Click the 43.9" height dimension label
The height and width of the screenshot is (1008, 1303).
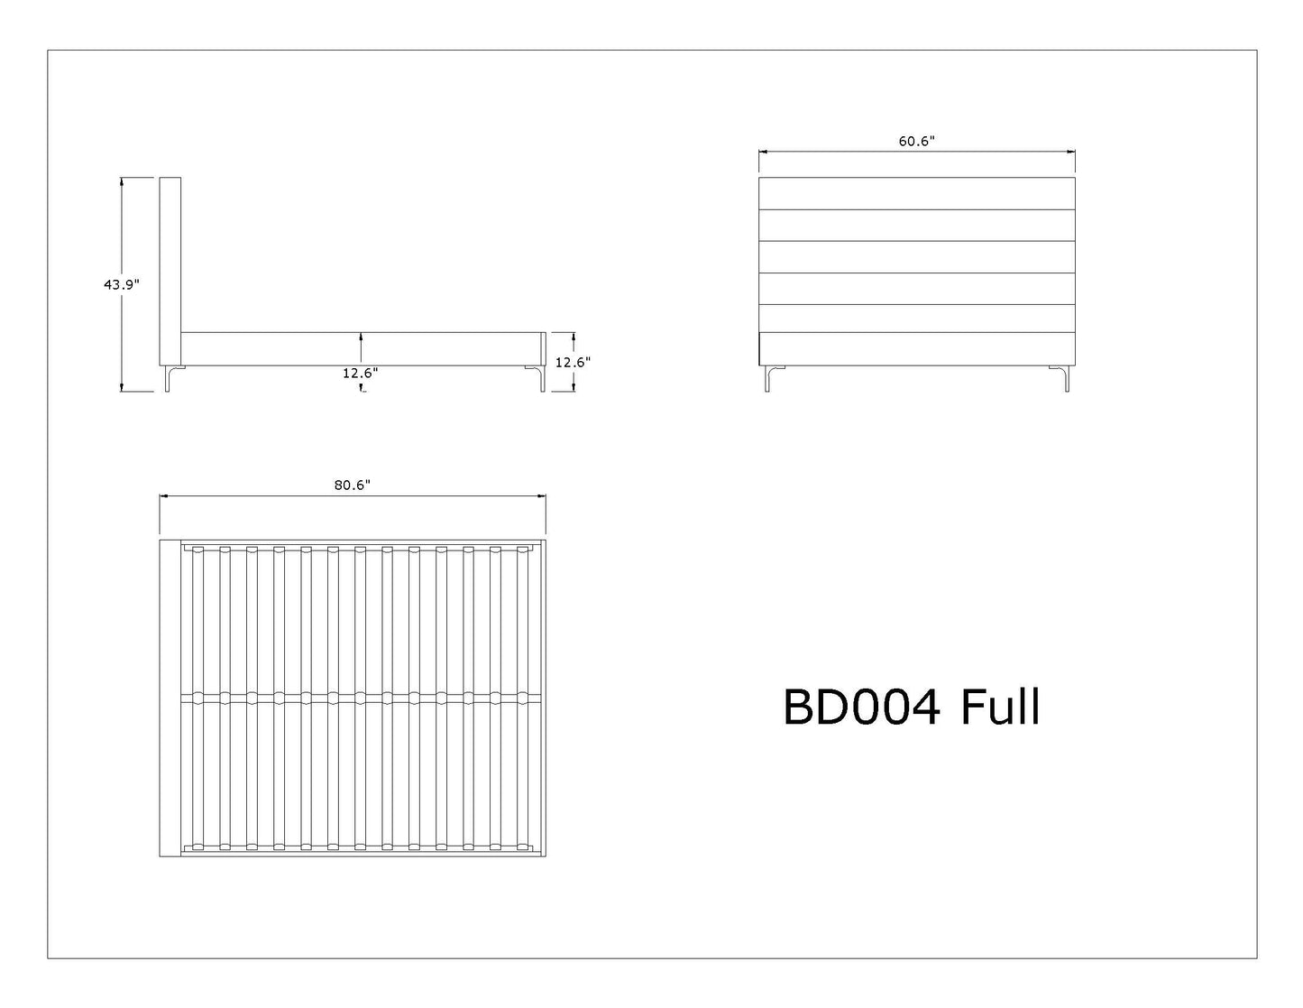[122, 284]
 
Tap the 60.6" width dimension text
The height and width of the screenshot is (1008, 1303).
[917, 141]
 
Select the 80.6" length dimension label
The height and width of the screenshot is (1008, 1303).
[353, 485]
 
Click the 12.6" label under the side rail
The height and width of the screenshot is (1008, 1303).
[361, 374]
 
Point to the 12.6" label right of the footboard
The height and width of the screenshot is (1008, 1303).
[573, 363]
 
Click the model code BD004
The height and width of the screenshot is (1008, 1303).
[861, 708]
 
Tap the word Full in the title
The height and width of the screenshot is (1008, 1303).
[1000, 708]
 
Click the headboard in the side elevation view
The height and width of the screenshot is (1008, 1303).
[170, 272]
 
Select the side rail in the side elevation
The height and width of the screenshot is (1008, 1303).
[363, 348]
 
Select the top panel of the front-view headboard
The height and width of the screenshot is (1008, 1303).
[917, 193]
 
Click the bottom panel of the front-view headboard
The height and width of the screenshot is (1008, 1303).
[917, 348]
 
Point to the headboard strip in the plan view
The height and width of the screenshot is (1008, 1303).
[170, 698]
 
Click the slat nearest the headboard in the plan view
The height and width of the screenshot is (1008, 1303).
[197, 698]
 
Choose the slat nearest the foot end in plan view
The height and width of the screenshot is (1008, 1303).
[523, 698]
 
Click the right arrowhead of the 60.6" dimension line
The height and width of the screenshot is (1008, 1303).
[1071, 153]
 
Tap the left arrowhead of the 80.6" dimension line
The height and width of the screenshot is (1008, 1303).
[164, 496]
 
